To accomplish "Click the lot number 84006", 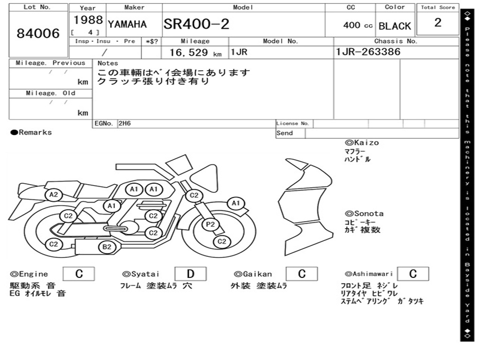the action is pyautogui.click(x=38, y=34).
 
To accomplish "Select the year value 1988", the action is pyautogui.click(x=88, y=20).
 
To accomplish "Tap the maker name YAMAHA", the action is pyautogui.click(x=127, y=24).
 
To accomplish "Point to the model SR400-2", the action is pyautogui.click(x=196, y=24).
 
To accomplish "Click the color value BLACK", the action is pyautogui.click(x=395, y=26).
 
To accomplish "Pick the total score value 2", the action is pyautogui.click(x=438, y=23).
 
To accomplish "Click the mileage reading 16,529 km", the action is pyautogui.click(x=195, y=52).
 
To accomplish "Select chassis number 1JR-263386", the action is pyautogui.click(x=368, y=52).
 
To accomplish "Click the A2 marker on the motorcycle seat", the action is pyautogui.click(x=54, y=195).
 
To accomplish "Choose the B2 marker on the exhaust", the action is pyautogui.click(x=107, y=247).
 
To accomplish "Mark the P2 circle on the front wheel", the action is pyautogui.click(x=210, y=225).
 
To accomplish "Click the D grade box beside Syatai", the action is pyautogui.click(x=190, y=274).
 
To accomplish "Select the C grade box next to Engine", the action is pyautogui.click(x=79, y=274).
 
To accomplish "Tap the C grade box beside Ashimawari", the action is pyautogui.click(x=412, y=274).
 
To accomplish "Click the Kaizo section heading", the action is pyautogui.click(x=362, y=142).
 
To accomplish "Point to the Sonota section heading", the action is pyautogui.click(x=364, y=214).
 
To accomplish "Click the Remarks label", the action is pyautogui.click(x=31, y=133).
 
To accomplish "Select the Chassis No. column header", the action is pyautogui.click(x=396, y=41).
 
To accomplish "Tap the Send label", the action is pyautogui.click(x=285, y=133).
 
